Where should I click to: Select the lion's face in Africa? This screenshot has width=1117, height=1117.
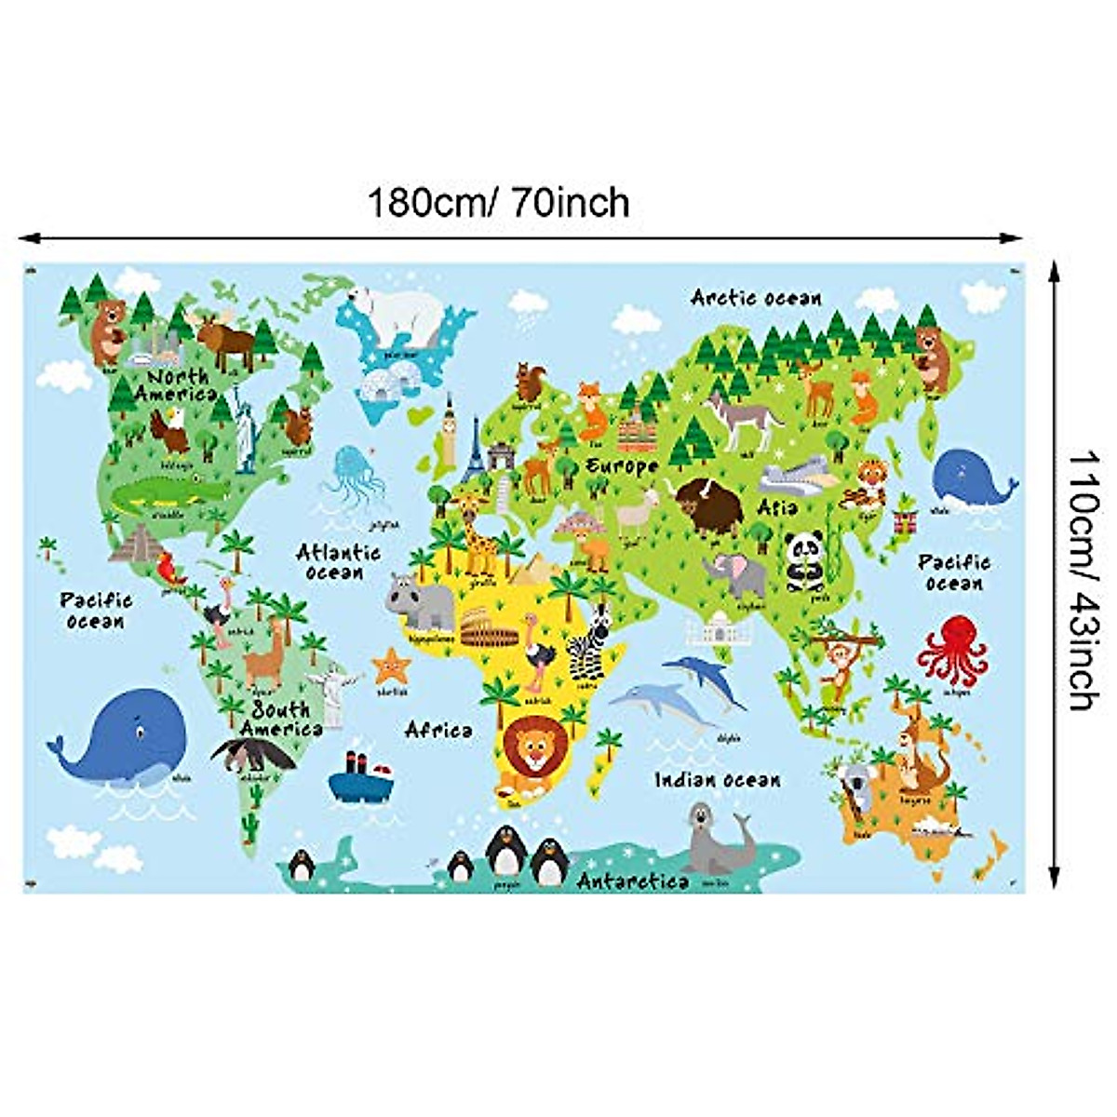click(534, 748)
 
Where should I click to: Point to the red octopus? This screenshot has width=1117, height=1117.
click(952, 651)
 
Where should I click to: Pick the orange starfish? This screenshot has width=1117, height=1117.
click(392, 665)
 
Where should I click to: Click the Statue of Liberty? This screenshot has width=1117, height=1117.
click(243, 427)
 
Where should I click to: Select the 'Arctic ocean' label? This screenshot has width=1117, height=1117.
click(756, 298)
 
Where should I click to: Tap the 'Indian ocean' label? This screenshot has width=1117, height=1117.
click(717, 780)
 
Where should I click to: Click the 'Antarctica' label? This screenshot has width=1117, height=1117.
click(633, 881)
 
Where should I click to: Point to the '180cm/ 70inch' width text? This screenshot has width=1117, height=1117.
click(499, 202)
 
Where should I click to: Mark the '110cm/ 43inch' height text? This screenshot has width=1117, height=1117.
click(1081, 581)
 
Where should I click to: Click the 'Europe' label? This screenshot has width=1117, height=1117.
click(622, 466)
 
